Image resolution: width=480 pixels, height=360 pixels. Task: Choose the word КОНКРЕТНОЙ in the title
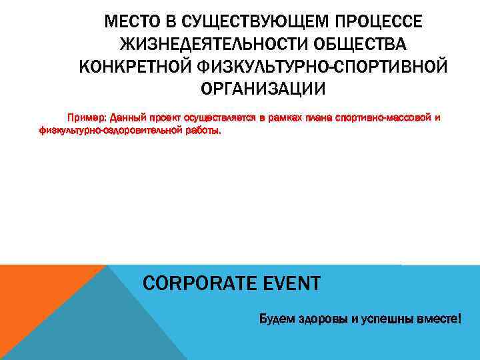(x=135, y=67)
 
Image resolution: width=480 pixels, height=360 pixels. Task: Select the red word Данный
(x=127, y=118)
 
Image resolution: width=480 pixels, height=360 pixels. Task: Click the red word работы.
(x=203, y=130)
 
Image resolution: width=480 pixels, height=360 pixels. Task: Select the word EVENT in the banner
(x=287, y=284)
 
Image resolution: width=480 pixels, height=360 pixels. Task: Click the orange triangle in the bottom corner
(x=33, y=300)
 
